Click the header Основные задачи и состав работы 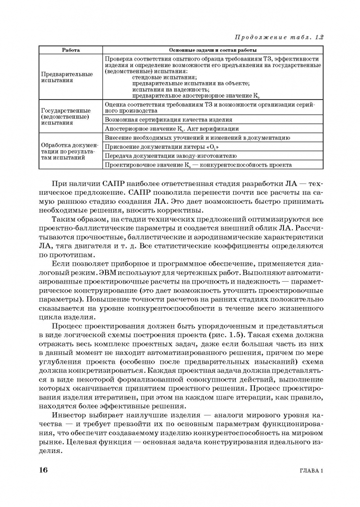click(x=213, y=50)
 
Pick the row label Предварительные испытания click(x=67, y=77)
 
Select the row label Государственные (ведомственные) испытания click(x=66, y=117)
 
